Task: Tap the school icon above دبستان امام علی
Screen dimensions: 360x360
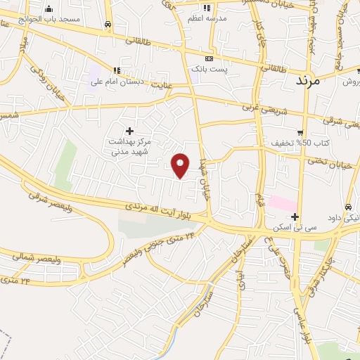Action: pos(117,70)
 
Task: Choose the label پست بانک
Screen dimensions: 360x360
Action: pos(207,69)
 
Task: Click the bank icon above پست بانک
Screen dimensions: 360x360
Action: pos(207,59)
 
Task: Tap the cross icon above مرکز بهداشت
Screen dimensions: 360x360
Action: pos(129,131)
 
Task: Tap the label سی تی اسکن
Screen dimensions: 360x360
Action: pos(296,228)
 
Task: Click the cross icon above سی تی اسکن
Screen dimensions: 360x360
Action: pos(295,217)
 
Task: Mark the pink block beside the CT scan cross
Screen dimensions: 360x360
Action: pos(282,203)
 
